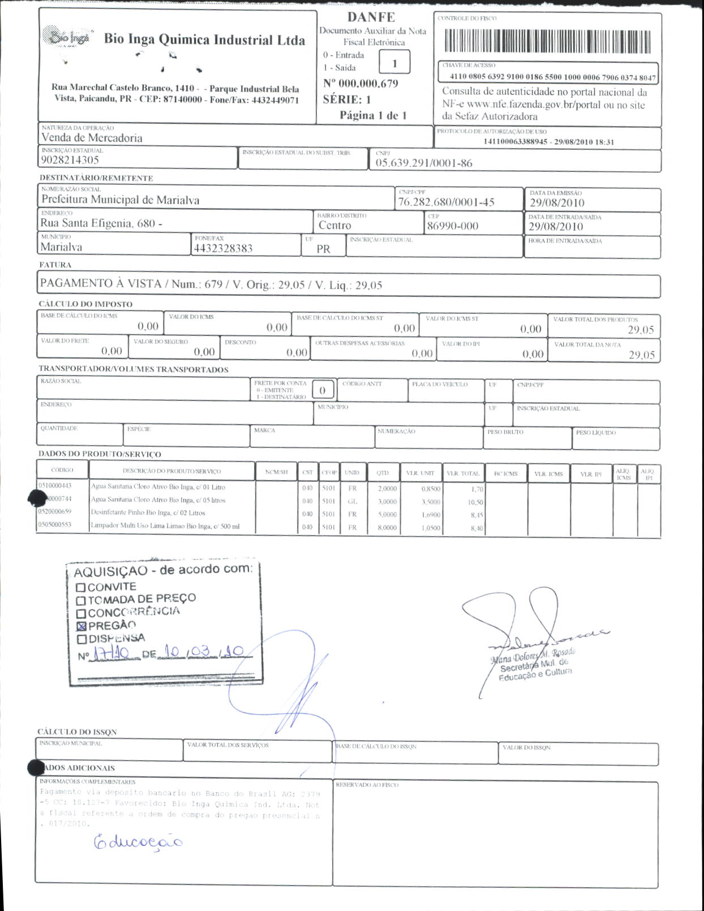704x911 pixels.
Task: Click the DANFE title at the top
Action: click(x=371, y=17)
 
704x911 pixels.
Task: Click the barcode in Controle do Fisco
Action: click(x=547, y=41)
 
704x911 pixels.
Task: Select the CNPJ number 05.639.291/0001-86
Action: click(x=423, y=163)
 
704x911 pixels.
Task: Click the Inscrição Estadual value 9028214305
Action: click(x=70, y=160)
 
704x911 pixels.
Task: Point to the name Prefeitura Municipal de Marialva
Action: click(x=120, y=200)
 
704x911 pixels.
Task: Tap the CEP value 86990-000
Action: click(x=452, y=226)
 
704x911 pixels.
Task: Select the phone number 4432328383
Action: click(x=223, y=248)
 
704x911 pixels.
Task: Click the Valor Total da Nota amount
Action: click(x=641, y=355)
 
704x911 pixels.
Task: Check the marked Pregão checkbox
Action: click(x=81, y=626)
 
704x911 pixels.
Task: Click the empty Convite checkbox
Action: click(x=81, y=588)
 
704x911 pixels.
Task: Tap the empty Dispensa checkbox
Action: click(x=81, y=639)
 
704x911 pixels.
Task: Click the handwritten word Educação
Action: click(x=138, y=842)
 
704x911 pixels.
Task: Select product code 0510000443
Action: click(x=55, y=486)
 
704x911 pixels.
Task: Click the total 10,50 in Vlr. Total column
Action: click(x=475, y=502)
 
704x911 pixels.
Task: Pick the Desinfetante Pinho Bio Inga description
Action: click(x=148, y=513)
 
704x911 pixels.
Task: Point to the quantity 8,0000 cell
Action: click(x=387, y=528)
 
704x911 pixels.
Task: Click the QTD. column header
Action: click(x=383, y=473)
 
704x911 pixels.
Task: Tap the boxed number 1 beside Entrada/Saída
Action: click(x=394, y=63)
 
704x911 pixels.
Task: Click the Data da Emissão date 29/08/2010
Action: click(x=557, y=203)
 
